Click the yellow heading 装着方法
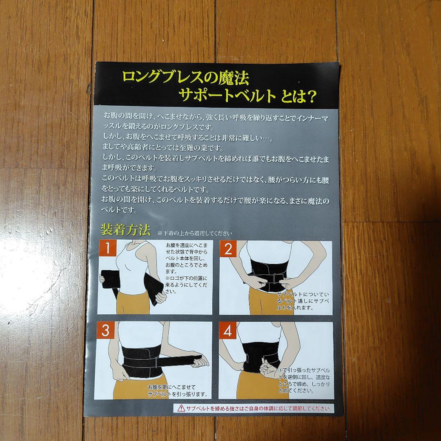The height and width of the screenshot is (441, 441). point(126,230)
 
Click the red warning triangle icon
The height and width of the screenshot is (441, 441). point(181,408)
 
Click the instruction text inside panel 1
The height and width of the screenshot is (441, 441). point(186,268)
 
